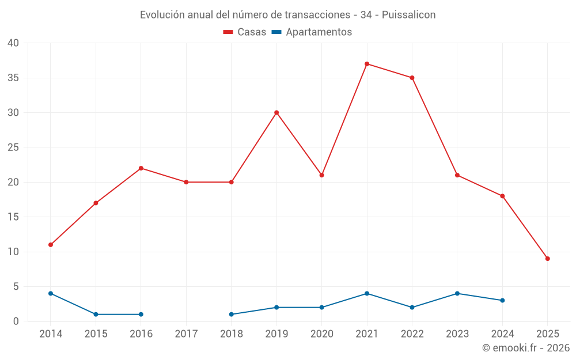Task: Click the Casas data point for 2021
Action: [367, 64]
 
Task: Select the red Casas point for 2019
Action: [276, 112]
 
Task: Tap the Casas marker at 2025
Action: [547, 259]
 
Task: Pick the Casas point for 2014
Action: [51, 245]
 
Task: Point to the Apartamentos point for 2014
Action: [51, 293]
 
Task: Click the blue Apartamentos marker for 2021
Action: [367, 293]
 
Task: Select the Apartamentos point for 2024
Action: [502, 300]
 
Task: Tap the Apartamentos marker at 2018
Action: [232, 314]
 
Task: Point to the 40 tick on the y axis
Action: [13, 43]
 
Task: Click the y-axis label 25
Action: [13, 147]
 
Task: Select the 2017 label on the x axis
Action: [186, 334]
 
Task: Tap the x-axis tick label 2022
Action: [412, 334]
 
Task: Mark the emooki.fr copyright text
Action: [526, 348]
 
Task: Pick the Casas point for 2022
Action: [412, 78]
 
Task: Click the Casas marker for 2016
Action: [141, 168]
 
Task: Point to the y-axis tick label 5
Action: [16, 287]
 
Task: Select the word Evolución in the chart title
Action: [162, 14]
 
